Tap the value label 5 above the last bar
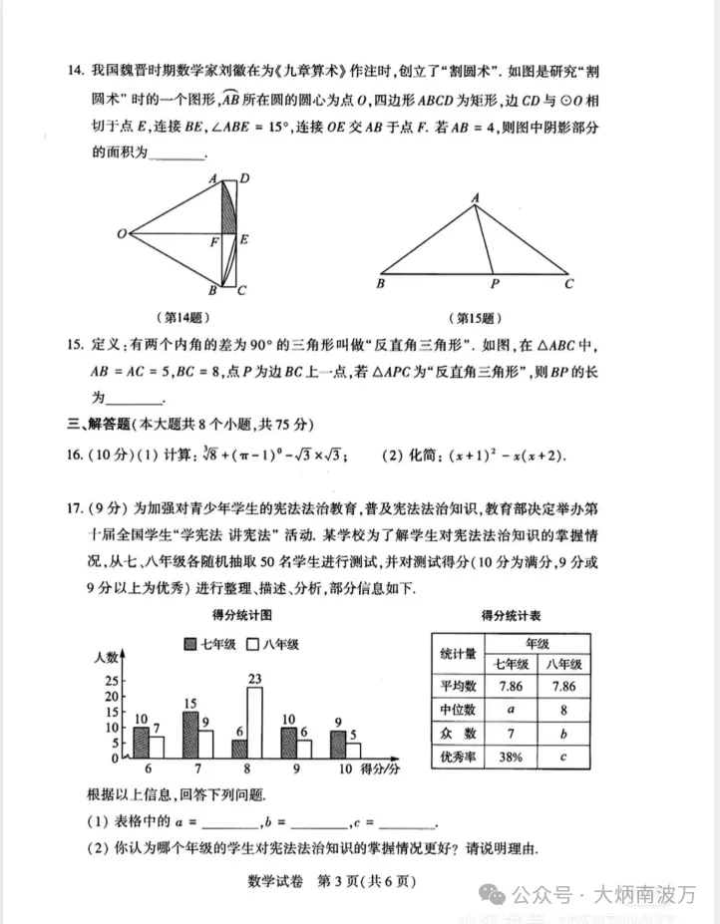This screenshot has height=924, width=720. click(353, 736)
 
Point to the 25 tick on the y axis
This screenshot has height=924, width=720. click(112, 680)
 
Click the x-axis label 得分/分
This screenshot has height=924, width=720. click(380, 770)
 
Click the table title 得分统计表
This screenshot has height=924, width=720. click(518, 614)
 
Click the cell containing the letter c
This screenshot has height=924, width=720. click(565, 757)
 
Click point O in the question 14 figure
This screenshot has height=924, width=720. click(121, 234)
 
